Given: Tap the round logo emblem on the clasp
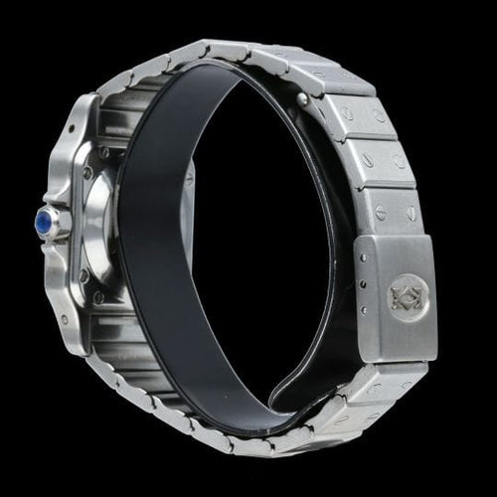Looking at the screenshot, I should tap(411, 294).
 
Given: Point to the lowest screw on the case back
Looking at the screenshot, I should tap(98, 297).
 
